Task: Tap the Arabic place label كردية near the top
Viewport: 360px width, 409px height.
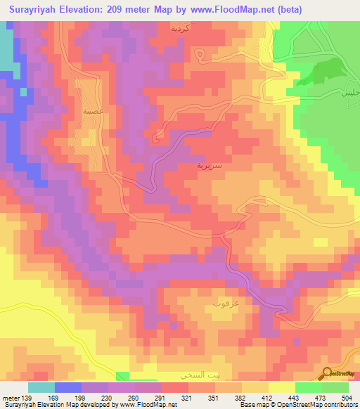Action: point(181,29)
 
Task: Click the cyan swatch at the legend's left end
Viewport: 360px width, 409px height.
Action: point(41,387)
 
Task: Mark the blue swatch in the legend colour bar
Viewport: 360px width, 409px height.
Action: point(68,387)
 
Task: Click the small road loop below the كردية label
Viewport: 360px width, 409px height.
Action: point(202,54)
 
